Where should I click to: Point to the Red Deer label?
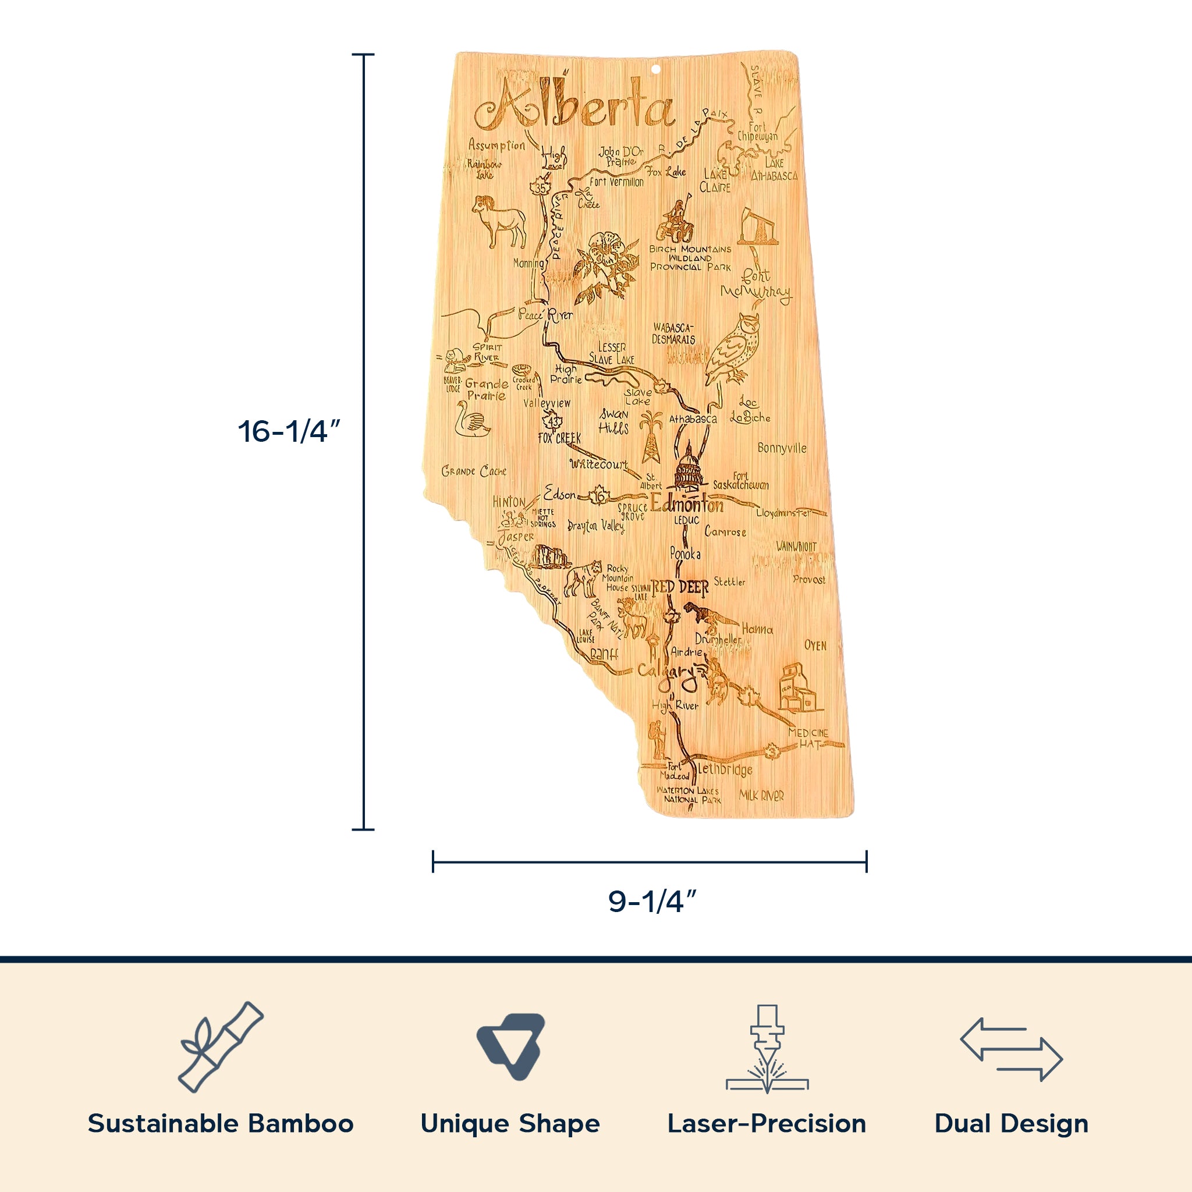pyautogui.click(x=680, y=587)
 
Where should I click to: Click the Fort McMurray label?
pyautogui.click(x=756, y=285)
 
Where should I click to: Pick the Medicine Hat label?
pyautogui.click(x=809, y=738)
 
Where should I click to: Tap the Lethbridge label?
pyautogui.click(x=725, y=769)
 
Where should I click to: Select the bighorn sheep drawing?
pyautogui.click(x=500, y=221)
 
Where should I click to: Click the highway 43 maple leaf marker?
pyautogui.click(x=554, y=421)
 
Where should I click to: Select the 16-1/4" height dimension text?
pyautogui.click(x=289, y=431)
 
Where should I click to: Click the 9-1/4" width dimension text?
pyautogui.click(x=653, y=902)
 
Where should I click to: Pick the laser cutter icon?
pyautogui.click(x=767, y=1048)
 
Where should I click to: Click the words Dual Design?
pyautogui.click(x=1011, y=1123)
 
